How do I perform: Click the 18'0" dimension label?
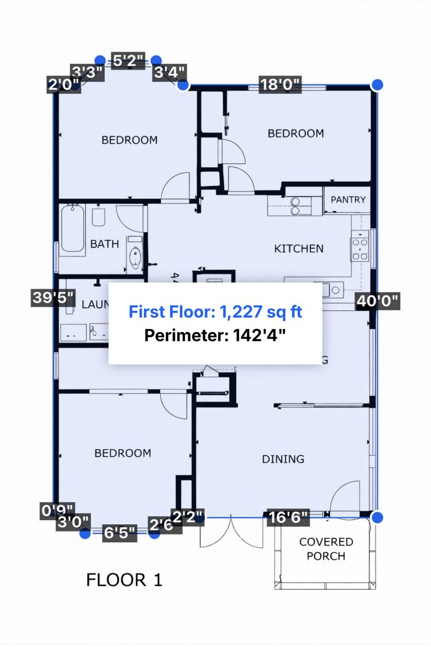pyautogui.click(x=280, y=84)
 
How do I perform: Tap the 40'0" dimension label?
pyautogui.click(x=378, y=301)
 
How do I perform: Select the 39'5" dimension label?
pyautogui.click(x=54, y=298)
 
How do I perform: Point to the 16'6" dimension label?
pyautogui.click(x=288, y=518)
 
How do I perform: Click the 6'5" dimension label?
pyautogui.click(x=120, y=533)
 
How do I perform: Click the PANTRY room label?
pyautogui.click(x=348, y=200)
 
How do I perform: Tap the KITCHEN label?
pyautogui.click(x=299, y=249)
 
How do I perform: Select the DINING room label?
pyautogui.click(x=283, y=459)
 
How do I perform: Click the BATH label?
pyautogui.click(x=105, y=244)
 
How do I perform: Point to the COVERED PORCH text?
pyautogui.click(x=326, y=549)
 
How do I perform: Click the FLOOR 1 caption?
pyautogui.click(x=124, y=580)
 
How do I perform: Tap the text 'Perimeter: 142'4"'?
pyautogui.click(x=215, y=335)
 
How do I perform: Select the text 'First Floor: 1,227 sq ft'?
pyautogui.click(x=215, y=311)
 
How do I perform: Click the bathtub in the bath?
pyautogui.click(x=73, y=228)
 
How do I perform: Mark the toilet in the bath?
pyautogui.click(x=99, y=217)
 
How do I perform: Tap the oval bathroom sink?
pyautogui.click(x=135, y=257)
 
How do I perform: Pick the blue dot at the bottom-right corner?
pyautogui.click(x=377, y=517)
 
